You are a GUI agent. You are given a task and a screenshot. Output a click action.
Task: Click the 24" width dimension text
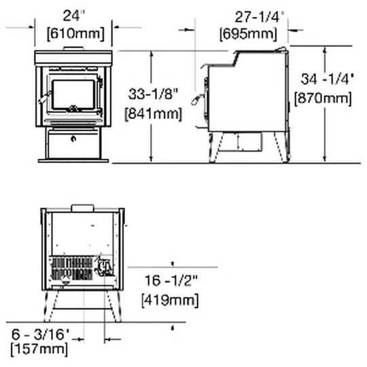(73, 16)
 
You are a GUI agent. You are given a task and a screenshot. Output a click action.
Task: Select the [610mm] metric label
(75, 34)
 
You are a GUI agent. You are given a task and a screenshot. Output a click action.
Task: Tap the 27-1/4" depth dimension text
(260, 17)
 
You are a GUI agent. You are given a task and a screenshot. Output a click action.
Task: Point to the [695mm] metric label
(248, 34)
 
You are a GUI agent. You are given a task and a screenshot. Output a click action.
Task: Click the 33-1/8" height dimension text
(154, 94)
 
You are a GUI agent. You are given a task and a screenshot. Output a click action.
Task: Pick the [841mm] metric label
(153, 114)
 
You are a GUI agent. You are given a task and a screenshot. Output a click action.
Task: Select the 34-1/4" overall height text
(327, 79)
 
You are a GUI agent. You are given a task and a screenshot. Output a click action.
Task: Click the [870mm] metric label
(323, 99)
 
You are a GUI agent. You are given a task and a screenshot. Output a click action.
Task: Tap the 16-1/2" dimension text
(171, 281)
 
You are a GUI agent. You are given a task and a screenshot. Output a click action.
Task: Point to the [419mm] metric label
(170, 300)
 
